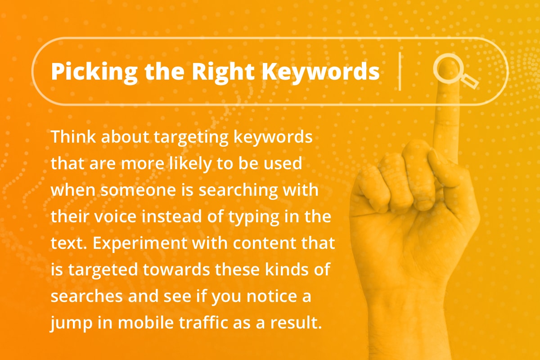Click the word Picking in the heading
(x=94, y=72)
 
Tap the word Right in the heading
(x=223, y=72)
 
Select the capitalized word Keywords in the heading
(x=320, y=71)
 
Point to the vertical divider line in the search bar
(x=400, y=72)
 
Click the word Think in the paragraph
(x=73, y=136)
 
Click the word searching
(x=238, y=190)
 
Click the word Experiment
(x=140, y=243)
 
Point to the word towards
(x=176, y=270)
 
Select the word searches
(x=86, y=296)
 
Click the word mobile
(x=146, y=322)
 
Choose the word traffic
(x=203, y=322)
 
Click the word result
(x=296, y=322)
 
